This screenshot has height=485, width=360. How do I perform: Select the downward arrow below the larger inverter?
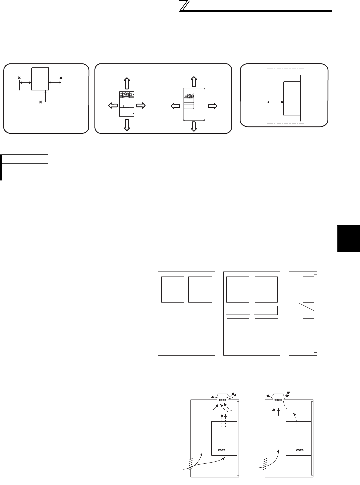click(194, 126)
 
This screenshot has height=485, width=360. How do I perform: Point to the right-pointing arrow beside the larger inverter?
click(212, 106)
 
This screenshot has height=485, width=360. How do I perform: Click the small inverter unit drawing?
click(127, 104)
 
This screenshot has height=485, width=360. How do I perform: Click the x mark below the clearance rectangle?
click(41, 102)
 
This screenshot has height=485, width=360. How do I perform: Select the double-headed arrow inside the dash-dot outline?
click(275, 102)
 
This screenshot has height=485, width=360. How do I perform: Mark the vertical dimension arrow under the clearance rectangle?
click(45, 95)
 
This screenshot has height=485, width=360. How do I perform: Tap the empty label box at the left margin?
click(25, 159)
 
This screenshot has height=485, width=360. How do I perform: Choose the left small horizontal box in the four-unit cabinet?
click(238, 310)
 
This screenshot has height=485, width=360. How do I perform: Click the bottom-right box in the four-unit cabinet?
click(266, 331)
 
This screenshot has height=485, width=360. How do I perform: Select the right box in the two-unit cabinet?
click(200, 289)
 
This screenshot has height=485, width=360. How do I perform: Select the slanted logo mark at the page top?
click(184, 6)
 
